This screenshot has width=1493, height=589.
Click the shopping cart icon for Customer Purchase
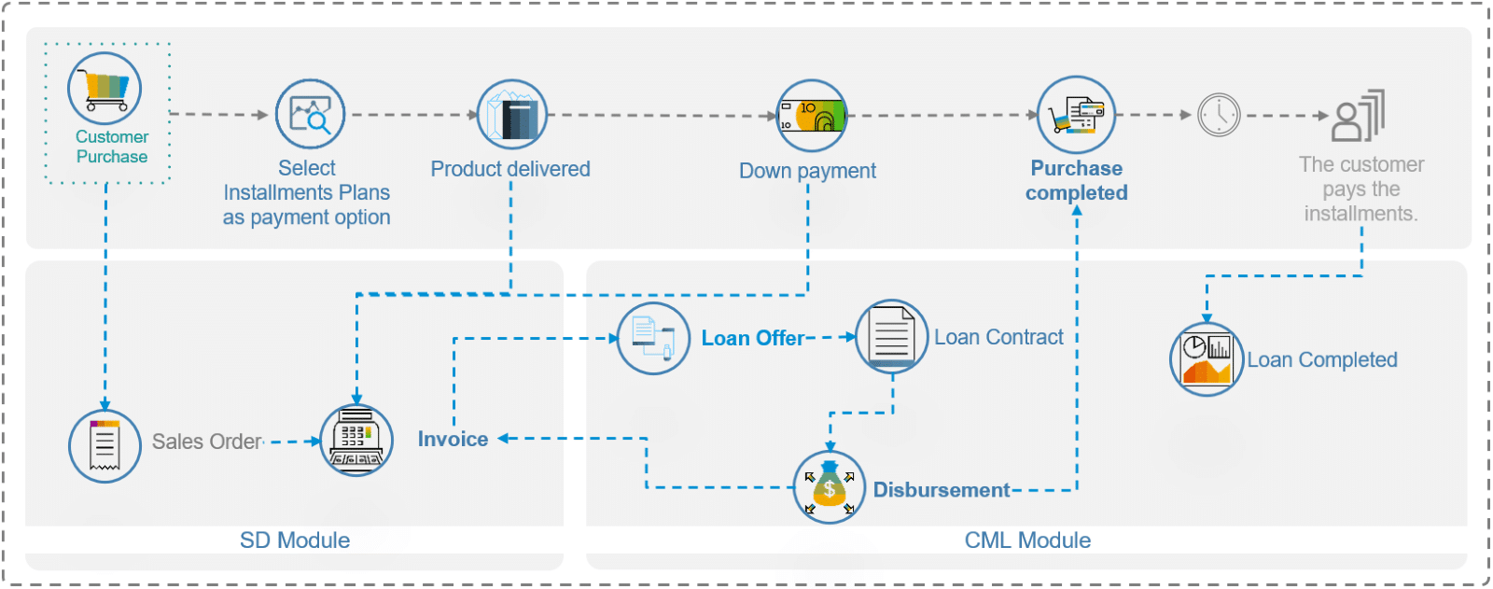coord(105,90)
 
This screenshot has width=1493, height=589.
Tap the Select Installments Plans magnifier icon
coord(311,115)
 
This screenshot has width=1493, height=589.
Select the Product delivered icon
coord(512,115)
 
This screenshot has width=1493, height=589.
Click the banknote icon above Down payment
coord(812,116)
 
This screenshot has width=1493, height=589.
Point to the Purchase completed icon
coord(1076,115)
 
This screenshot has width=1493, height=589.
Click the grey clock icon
coord(1219,116)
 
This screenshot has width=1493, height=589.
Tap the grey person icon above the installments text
coord(1358,116)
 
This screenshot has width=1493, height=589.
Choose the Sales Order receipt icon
coord(105,445)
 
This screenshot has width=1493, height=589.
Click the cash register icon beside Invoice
coord(356,441)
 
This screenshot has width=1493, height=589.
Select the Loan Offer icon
coord(653,338)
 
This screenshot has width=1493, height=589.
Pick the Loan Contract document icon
coord(891,336)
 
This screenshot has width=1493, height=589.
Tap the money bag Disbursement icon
coord(830,487)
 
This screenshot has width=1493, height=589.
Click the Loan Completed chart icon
coord(1207,359)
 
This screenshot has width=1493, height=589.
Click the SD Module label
coord(295,540)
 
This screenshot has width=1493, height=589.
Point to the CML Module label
coord(1027,540)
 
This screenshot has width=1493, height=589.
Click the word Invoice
coord(453,440)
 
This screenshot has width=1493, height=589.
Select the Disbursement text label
coord(941,490)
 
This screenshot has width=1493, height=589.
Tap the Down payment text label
coord(807,171)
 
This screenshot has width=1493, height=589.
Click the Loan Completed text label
coord(1322,360)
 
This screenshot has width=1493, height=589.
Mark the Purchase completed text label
coord(1077,181)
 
